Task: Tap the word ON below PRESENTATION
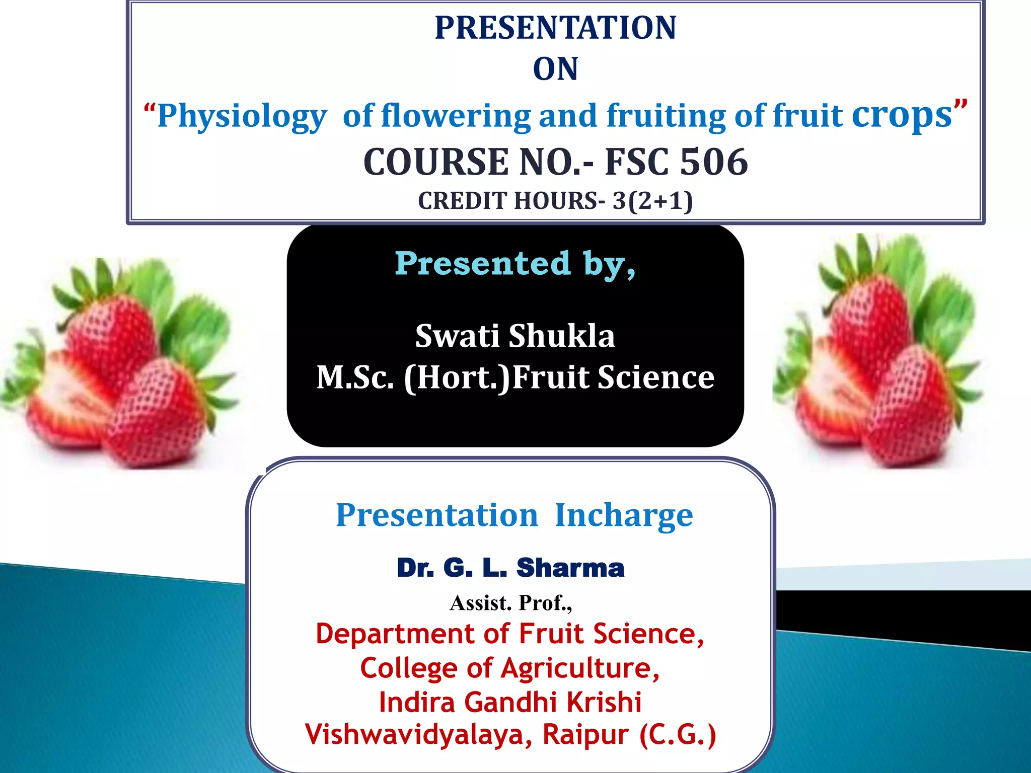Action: coord(555,69)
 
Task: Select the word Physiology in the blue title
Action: coord(242,117)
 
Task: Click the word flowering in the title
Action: coord(456,116)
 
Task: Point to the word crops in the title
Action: coord(902,116)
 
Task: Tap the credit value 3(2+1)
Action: coord(652,201)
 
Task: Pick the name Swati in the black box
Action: coord(458,336)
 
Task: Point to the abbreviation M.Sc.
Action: coord(354,377)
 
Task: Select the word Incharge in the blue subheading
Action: coord(624,515)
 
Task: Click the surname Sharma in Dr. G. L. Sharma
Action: coord(570,568)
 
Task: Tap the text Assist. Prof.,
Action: coord(510,603)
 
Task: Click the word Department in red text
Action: coord(396,634)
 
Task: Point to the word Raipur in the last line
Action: coord(585,734)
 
